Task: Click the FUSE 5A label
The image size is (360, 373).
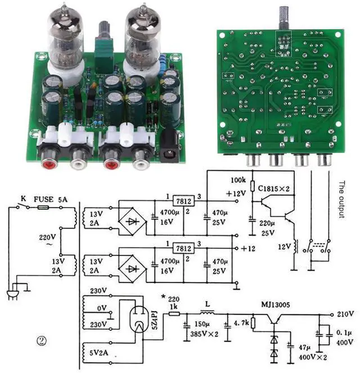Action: coord(50,199)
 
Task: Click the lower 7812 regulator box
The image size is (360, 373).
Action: coord(183,248)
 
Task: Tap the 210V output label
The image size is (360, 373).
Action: coord(345,313)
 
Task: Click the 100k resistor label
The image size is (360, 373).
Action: coord(238,179)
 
